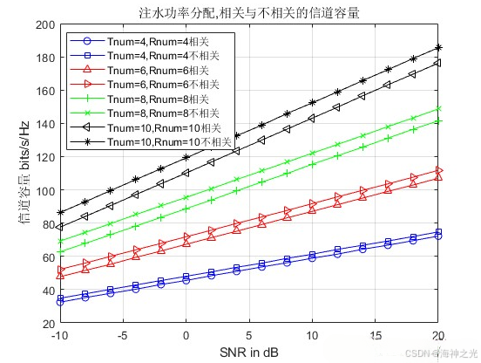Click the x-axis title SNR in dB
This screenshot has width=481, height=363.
[x=249, y=351]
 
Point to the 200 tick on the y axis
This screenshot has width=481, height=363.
[x=43, y=24]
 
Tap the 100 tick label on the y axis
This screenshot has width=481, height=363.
[x=43, y=191]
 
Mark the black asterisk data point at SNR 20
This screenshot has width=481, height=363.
[x=438, y=48]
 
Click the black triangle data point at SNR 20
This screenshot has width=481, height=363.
[x=438, y=63]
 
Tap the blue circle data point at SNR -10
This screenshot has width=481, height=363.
[x=60, y=302]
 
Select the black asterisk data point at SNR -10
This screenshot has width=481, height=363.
[x=60, y=212]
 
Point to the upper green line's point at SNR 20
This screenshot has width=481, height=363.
[x=438, y=109]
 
